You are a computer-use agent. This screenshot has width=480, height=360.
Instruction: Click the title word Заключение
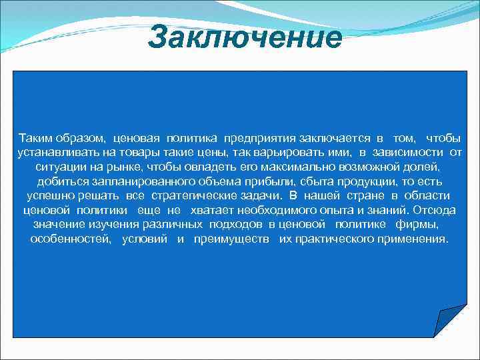245,37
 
